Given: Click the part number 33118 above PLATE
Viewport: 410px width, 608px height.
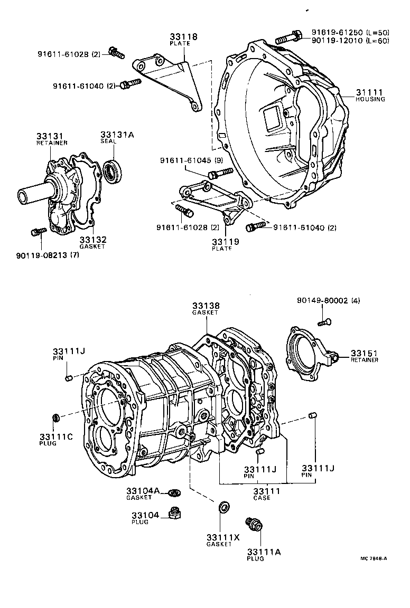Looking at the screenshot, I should [183, 37].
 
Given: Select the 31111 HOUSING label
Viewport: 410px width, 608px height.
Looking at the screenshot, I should [370, 92].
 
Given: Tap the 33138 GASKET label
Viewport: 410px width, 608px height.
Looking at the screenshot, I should [206, 306].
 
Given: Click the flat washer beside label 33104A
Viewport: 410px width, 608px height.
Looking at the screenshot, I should [174, 493].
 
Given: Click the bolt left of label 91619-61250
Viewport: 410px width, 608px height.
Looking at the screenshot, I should [286, 37].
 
